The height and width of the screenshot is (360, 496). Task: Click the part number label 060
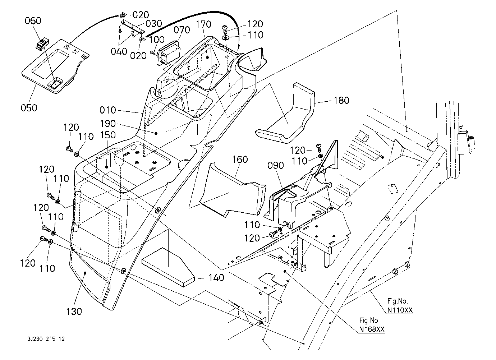[33, 21]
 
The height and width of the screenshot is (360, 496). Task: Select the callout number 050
[29, 107]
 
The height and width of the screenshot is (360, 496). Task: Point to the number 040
[119, 51]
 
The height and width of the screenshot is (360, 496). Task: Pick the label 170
[204, 24]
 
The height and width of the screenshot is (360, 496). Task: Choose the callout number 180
[341, 100]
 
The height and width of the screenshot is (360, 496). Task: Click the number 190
[108, 124]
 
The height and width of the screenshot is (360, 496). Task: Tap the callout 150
[108, 135]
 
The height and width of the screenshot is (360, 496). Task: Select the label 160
[240, 159]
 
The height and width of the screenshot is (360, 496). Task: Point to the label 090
[276, 166]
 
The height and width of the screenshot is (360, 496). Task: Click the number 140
[216, 277]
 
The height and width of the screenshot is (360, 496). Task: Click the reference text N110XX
[400, 309]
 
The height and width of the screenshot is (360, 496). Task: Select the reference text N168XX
[372, 329]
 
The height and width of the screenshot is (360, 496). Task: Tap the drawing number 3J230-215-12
[46, 339]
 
